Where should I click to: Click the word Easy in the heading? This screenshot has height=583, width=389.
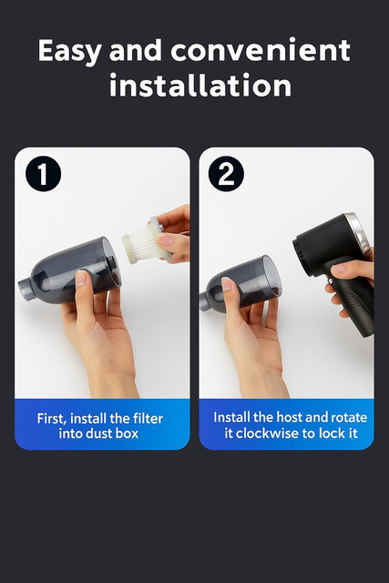69,51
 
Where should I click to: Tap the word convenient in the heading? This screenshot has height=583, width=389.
261,50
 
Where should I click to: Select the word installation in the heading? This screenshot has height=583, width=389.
200,85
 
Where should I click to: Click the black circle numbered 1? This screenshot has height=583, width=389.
43,174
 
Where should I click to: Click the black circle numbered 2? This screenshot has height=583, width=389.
226,174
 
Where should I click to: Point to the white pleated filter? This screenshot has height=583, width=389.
144,242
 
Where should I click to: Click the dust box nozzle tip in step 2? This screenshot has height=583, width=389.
203,302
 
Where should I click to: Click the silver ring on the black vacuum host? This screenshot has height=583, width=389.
359,230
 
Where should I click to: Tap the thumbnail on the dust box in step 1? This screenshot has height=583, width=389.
81,279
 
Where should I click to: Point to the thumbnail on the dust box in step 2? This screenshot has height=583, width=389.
227,284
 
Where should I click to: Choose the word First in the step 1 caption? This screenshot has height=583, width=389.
51,419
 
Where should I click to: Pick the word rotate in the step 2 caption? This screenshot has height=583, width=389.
349,417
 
